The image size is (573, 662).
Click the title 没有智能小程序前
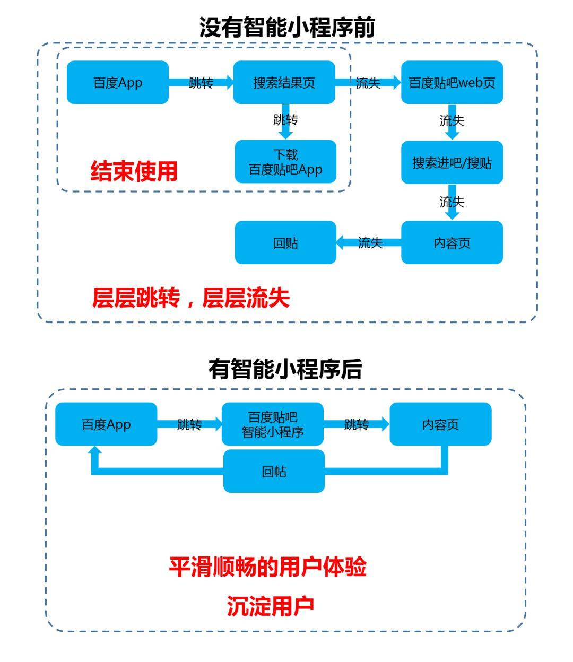tap(286, 27)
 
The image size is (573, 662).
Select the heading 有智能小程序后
tap(285, 369)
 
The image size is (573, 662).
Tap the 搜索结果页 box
tap(284, 83)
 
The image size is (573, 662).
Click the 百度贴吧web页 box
tap(452, 83)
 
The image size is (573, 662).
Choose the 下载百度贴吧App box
tap(285, 162)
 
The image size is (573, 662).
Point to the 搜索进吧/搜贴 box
tap(452, 162)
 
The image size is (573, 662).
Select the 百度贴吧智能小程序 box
tap(273, 424)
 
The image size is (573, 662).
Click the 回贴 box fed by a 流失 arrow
tap(285, 243)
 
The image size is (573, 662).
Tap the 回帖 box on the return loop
tap(274, 472)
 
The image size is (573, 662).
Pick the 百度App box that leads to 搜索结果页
tap(118, 83)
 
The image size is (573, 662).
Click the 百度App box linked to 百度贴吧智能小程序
tap(106, 424)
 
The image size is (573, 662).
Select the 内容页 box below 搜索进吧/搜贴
tap(452, 243)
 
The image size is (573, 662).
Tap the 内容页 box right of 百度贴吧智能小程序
tap(440, 424)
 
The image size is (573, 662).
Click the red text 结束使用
tap(134, 171)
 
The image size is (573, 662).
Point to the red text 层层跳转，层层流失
tap(191, 298)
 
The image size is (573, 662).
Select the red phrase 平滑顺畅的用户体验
tap(268, 567)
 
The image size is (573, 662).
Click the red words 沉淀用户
tap(271, 606)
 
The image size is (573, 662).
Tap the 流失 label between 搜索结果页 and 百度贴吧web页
tap(368, 83)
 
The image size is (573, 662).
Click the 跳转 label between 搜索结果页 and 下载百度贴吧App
tap(285, 120)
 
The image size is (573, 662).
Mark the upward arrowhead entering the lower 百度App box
tap(95, 451)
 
